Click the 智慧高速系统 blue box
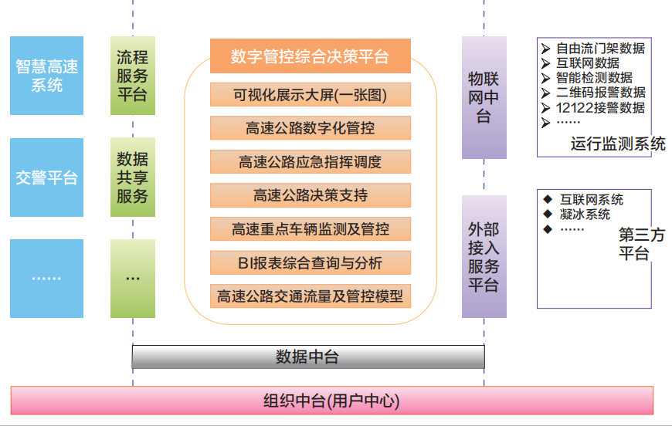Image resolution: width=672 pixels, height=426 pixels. [x=46, y=76]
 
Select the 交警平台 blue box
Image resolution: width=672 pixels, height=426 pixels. [x=46, y=177]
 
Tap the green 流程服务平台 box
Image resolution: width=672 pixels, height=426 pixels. [x=133, y=76]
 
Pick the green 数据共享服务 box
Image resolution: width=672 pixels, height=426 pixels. [x=133, y=177]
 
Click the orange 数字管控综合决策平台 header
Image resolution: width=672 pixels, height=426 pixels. [x=310, y=56]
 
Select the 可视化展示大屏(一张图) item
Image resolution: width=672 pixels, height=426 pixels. [x=310, y=95]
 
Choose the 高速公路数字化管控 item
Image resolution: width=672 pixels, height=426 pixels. [x=310, y=128]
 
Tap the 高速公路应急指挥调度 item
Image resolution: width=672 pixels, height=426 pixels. [x=310, y=162]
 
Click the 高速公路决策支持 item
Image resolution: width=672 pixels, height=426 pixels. [x=310, y=195]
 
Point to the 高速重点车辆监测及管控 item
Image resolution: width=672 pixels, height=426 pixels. [x=310, y=229]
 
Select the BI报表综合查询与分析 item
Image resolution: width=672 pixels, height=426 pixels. [x=310, y=263]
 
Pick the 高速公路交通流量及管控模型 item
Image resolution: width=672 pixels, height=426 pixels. [x=310, y=296]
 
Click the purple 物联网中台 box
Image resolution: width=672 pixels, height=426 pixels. [x=484, y=97]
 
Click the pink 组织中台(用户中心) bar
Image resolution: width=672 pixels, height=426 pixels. [x=331, y=401]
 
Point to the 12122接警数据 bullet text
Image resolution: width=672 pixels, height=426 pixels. [x=600, y=107]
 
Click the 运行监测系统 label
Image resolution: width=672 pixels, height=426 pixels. [x=617, y=144]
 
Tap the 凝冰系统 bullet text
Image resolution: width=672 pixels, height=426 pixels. [x=585, y=214]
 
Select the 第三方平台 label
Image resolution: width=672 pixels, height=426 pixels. [x=640, y=244]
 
